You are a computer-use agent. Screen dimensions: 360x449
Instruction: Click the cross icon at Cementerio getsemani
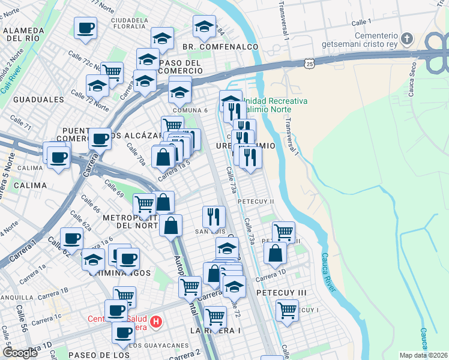click(x=408, y=40)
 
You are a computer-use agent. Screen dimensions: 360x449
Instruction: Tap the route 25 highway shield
click(x=309, y=63)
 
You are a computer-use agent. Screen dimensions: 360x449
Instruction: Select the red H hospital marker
click(x=156, y=323)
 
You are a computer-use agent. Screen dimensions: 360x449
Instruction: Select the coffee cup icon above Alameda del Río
click(x=86, y=28)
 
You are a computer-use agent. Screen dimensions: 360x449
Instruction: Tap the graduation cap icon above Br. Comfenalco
click(x=204, y=26)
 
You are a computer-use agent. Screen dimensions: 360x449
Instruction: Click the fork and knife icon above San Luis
click(x=214, y=216)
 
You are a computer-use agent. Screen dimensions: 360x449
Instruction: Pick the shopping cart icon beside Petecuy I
click(x=288, y=310)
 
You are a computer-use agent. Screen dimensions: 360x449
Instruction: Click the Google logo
click(x=20, y=353)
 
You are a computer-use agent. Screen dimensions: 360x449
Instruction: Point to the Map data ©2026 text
click(x=424, y=355)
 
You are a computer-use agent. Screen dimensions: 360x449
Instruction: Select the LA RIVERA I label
click(x=215, y=331)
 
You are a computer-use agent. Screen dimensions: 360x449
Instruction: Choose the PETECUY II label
click(x=256, y=201)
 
